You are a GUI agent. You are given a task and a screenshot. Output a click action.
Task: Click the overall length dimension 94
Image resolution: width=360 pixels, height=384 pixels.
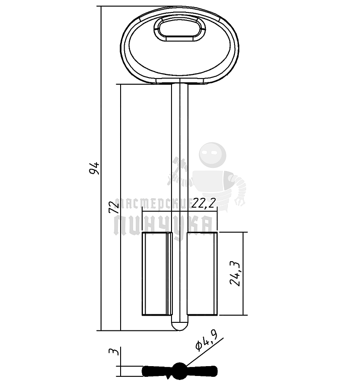[94, 168]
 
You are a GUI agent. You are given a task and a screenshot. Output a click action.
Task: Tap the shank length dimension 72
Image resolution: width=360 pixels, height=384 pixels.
[113, 207]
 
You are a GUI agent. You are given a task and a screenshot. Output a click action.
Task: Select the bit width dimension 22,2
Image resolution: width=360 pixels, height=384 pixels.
[204, 203]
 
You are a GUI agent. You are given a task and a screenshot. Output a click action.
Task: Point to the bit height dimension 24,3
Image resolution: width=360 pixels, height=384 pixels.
[235, 273]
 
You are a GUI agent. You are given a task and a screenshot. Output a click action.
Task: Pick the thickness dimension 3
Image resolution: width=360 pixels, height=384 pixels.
[113, 351]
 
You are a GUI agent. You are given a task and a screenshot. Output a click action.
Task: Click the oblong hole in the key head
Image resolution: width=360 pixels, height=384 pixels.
[180, 28]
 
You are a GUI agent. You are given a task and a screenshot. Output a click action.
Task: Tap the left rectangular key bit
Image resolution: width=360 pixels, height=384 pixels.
[157, 273]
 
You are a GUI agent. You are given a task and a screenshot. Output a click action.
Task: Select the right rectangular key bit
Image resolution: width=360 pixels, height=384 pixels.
[202, 273]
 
